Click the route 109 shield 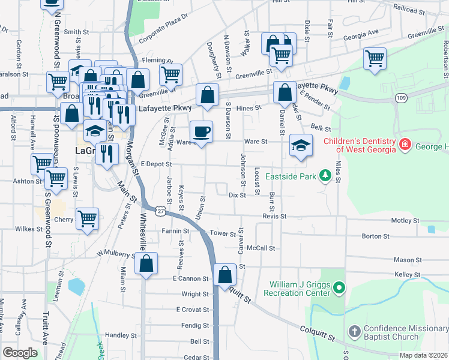402,97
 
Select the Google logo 20,352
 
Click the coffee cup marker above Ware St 202,131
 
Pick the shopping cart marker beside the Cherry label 87,219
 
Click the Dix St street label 238,195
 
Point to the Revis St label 274,216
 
